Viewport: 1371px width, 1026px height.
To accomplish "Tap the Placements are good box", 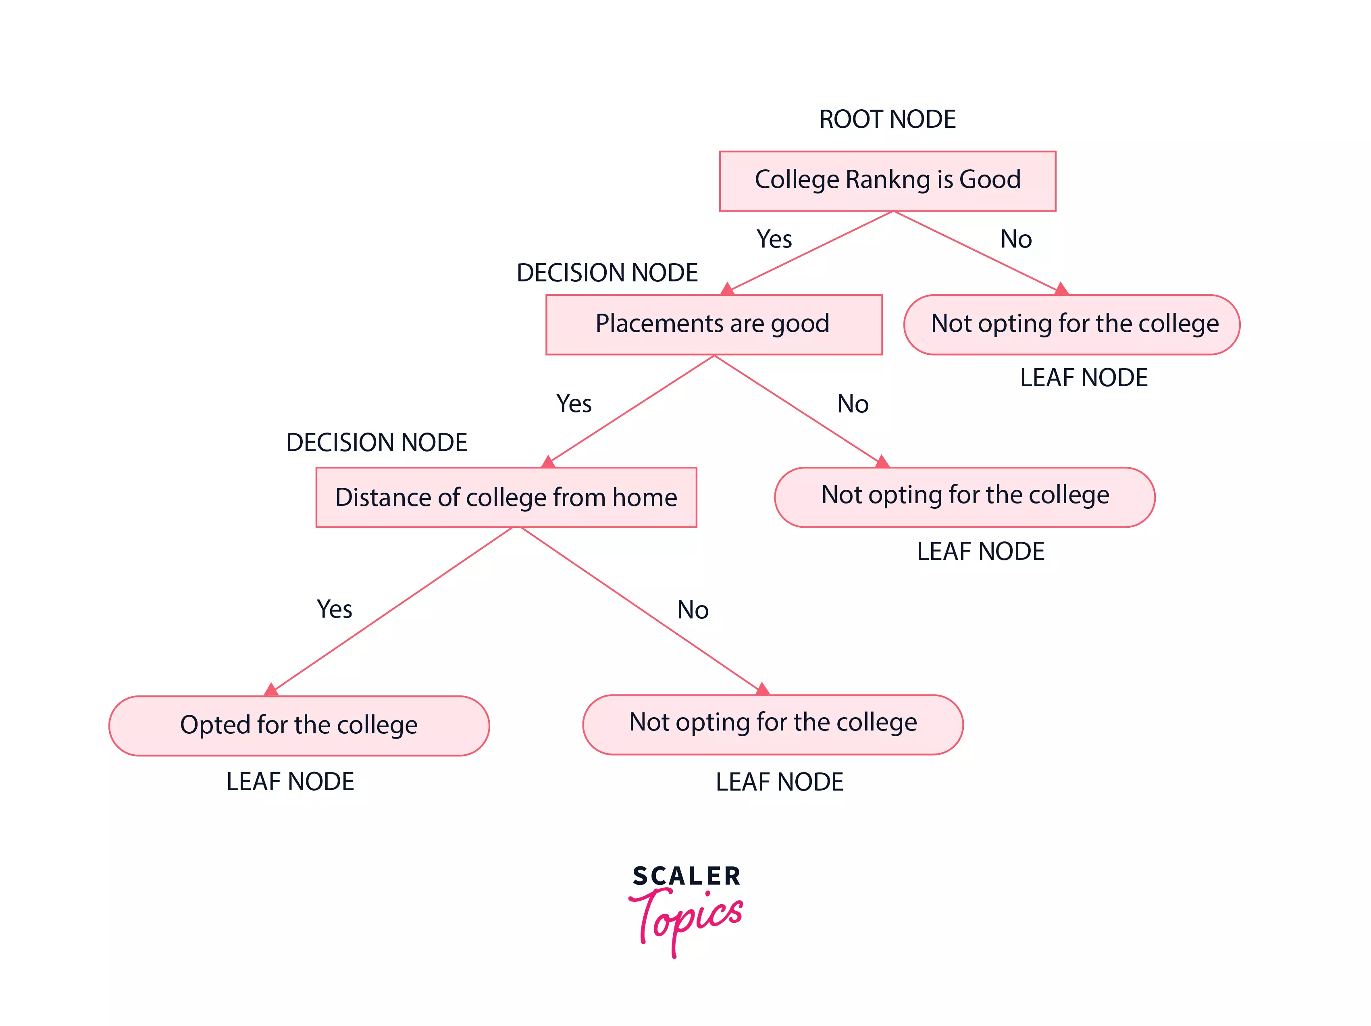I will pyautogui.click(x=714, y=324).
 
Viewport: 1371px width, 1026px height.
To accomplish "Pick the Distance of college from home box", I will pyautogui.click(x=506, y=497).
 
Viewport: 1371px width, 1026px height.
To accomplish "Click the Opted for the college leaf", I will pyautogui.click(x=299, y=725).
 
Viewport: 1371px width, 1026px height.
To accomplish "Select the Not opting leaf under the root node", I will pyautogui.click(x=1071, y=324).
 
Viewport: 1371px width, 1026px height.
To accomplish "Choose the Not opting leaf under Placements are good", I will pyautogui.click(x=964, y=497).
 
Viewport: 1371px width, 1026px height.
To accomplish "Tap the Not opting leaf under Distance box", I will pyautogui.click(x=772, y=724).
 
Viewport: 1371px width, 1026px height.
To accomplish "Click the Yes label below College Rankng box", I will pyautogui.click(x=774, y=239).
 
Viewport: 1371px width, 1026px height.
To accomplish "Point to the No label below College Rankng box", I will pyautogui.click(x=1016, y=239).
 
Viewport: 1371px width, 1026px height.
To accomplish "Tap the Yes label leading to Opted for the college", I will pyautogui.click(x=334, y=610).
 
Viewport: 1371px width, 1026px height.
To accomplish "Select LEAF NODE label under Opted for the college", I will pyautogui.click(x=290, y=782).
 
